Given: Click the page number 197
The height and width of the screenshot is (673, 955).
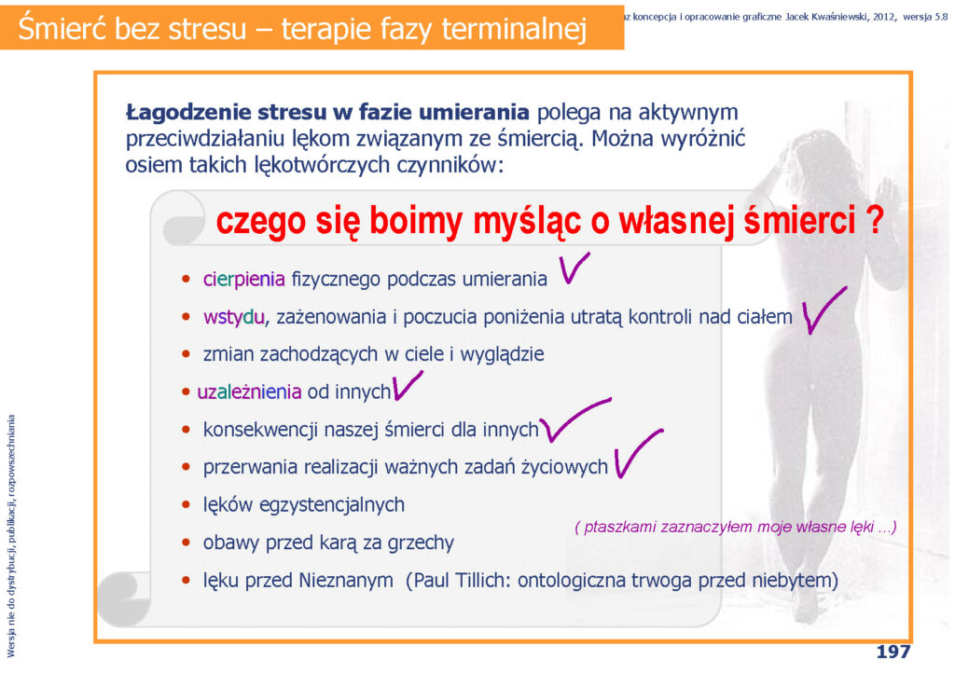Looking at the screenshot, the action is point(893,652).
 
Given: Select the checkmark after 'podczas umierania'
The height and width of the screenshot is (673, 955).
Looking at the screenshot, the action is point(574,268).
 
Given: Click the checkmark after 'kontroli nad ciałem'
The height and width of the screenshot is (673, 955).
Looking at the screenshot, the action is point(823,309).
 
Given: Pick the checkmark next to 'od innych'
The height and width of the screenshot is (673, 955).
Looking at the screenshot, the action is point(407,385).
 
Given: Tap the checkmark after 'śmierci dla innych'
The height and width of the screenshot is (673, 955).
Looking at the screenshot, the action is point(574,419).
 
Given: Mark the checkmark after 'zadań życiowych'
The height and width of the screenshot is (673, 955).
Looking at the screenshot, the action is point(637,453).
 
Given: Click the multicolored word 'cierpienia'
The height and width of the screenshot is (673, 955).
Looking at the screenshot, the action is point(243,279).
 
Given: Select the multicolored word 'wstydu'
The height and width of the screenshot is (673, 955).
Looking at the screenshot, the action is point(234,316).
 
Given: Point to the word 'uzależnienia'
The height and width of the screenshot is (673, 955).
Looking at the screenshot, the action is point(249,391).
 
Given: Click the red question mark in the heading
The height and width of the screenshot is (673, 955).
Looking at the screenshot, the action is point(875,220).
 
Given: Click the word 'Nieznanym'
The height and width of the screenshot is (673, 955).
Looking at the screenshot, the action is point(345,581).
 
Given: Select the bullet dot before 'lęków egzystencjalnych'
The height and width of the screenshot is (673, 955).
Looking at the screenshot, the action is point(186,504).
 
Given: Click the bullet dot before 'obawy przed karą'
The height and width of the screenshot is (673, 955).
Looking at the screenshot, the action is point(186,543).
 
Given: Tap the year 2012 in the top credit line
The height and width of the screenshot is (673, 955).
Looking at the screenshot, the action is point(883,17).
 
